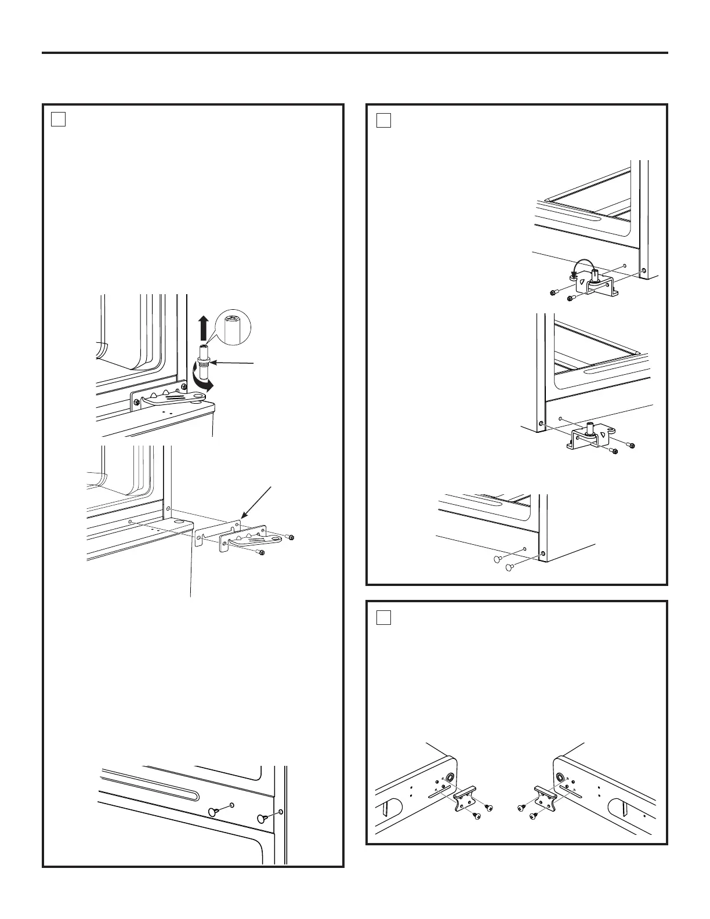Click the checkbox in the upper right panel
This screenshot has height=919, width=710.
383,120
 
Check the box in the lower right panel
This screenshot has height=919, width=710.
383,617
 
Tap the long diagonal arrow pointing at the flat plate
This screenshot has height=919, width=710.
257,501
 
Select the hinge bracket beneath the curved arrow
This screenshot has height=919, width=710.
592,285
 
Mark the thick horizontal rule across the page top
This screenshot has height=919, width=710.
355,53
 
